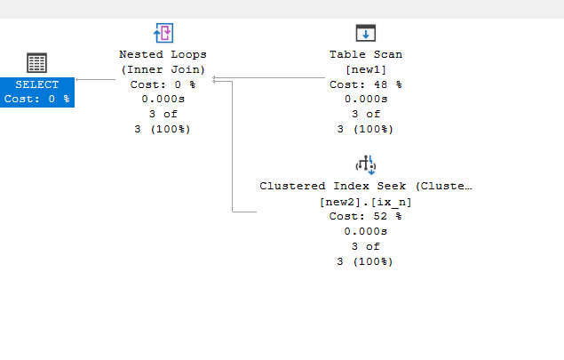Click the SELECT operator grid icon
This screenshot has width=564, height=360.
pyautogui.click(x=36, y=62)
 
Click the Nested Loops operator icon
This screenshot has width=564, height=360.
pyautogui.click(x=163, y=33)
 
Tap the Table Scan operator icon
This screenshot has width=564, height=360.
pyautogui.click(x=366, y=33)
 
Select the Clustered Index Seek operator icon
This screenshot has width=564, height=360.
pyautogui.click(x=366, y=164)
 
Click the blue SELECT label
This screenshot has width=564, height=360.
pyautogui.click(x=37, y=84)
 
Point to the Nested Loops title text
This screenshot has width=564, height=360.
pyautogui.click(x=163, y=54)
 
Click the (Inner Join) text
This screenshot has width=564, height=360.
pyautogui.click(x=163, y=69)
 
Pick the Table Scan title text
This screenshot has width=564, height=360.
pyautogui.click(x=366, y=54)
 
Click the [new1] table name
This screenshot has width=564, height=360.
pyautogui.click(x=366, y=69)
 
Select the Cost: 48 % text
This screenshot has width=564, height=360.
pyautogui.click(x=366, y=84)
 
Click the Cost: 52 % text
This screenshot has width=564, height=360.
pyautogui.click(x=365, y=216)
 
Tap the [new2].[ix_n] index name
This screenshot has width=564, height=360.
pyautogui.click(x=365, y=202)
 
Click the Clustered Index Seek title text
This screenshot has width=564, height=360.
pyautogui.click(x=365, y=186)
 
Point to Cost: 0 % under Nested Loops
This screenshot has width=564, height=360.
pyautogui.click(x=163, y=84)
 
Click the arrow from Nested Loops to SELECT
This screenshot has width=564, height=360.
pyautogui.click(x=96, y=80)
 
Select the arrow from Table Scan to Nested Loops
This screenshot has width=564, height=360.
pyautogui.click(x=269, y=77)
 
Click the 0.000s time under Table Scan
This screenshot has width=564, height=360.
pyautogui.click(x=366, y=99)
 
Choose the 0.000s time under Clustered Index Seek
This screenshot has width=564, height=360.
pyautogui.click(x=365, y=231)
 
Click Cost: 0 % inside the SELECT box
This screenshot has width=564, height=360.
pyautogui.click(x=37, y=99)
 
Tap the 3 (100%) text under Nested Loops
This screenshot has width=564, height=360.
pyautogui.click(x=163, y=129)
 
